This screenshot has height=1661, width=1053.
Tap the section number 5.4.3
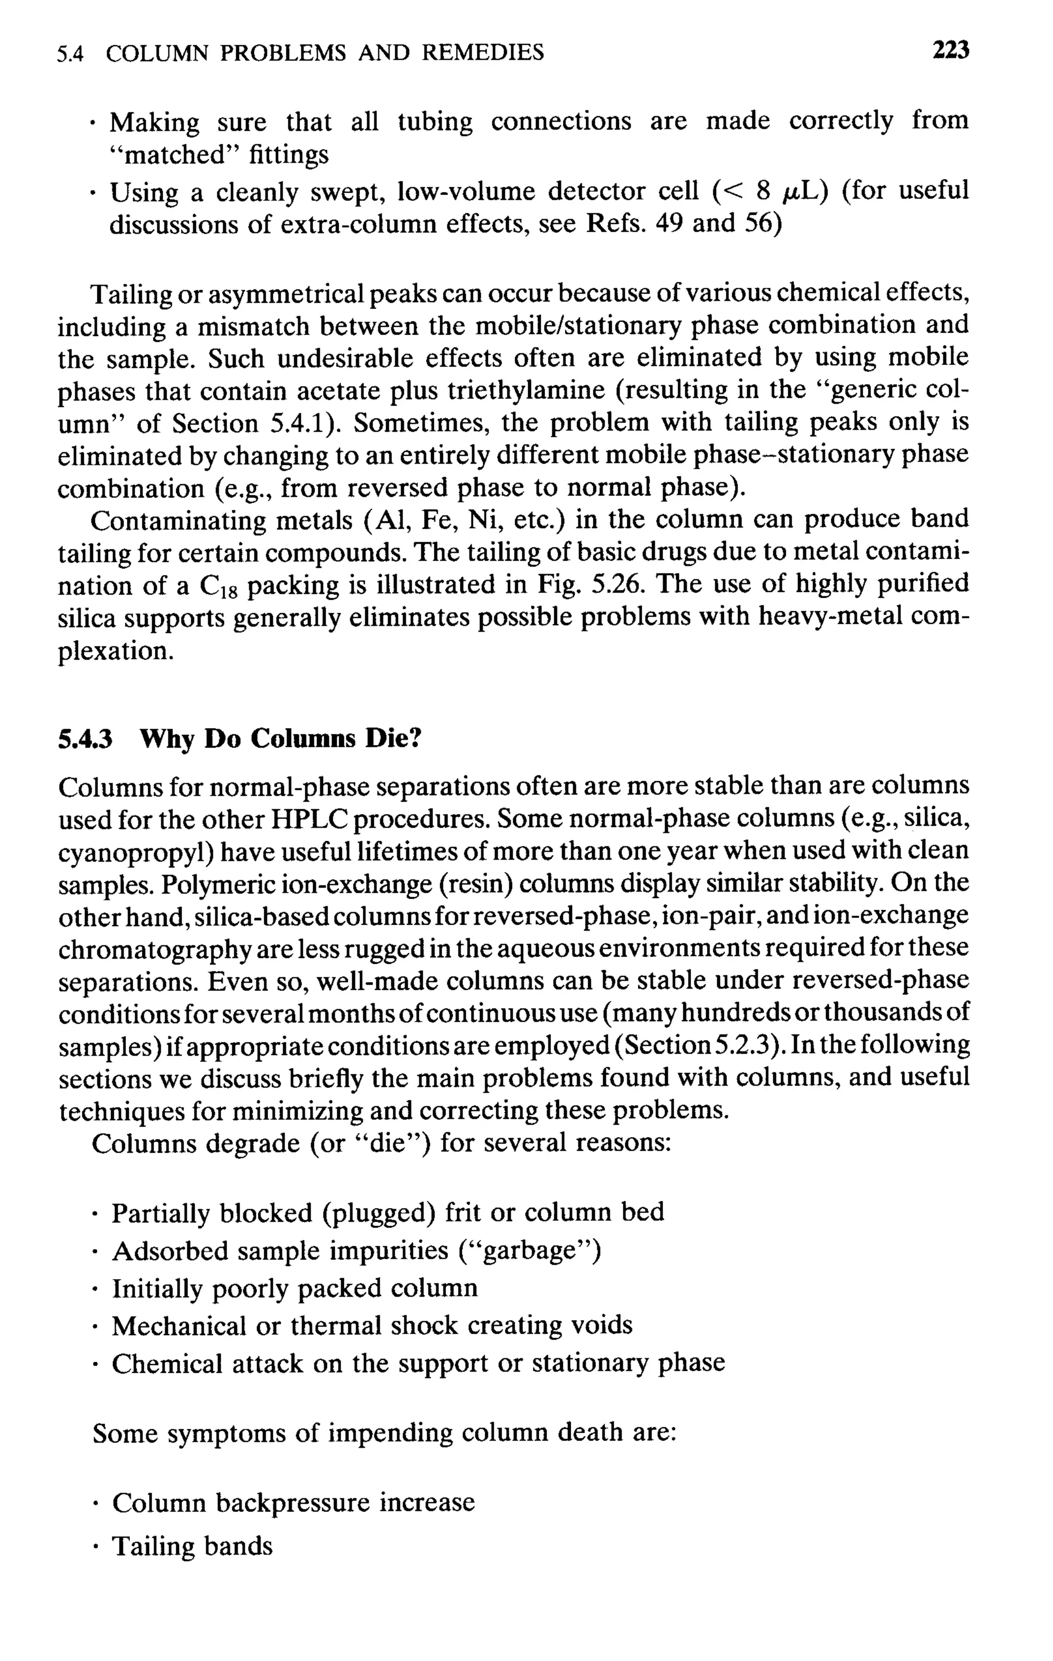[x=85, y=740]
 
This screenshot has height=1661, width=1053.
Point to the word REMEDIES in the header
[x=482, y=52]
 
